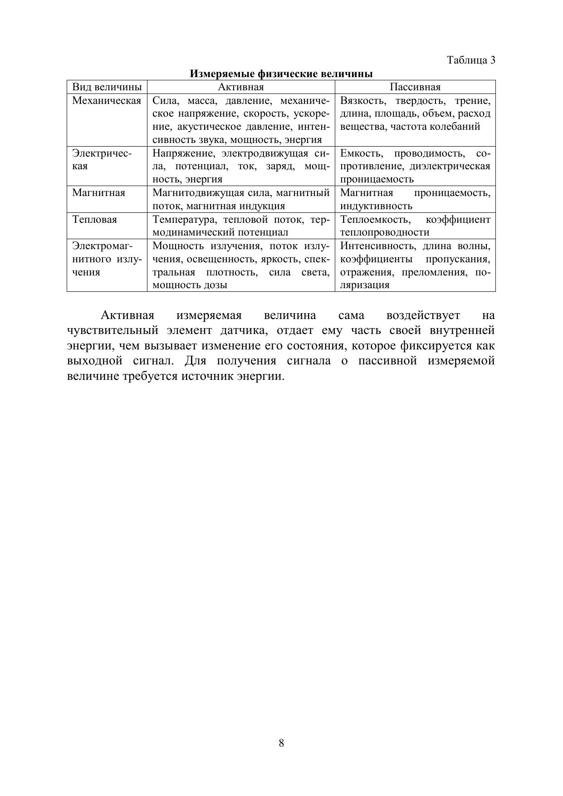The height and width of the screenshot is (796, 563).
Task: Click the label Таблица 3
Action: coord(471,60)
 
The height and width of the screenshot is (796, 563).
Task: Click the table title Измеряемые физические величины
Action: coord(281,74)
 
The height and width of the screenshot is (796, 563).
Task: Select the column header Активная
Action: coord(241,87)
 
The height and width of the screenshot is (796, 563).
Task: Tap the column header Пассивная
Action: coord(415,87)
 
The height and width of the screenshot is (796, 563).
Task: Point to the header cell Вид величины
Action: coord(107,87)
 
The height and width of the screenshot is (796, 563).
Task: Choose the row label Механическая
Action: coord(107,101)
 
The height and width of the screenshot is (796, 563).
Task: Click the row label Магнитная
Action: coord(98,193)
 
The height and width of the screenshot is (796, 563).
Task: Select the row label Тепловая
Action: coord(94,220)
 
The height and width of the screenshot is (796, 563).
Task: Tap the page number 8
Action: coord(281,743)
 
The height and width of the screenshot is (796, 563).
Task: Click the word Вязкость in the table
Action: coord(362,101)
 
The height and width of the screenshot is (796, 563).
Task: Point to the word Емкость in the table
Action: coord(361,153)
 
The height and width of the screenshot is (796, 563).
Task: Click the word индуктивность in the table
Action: coord(376,206)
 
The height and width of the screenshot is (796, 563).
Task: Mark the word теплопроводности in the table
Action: coord(384,233)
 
